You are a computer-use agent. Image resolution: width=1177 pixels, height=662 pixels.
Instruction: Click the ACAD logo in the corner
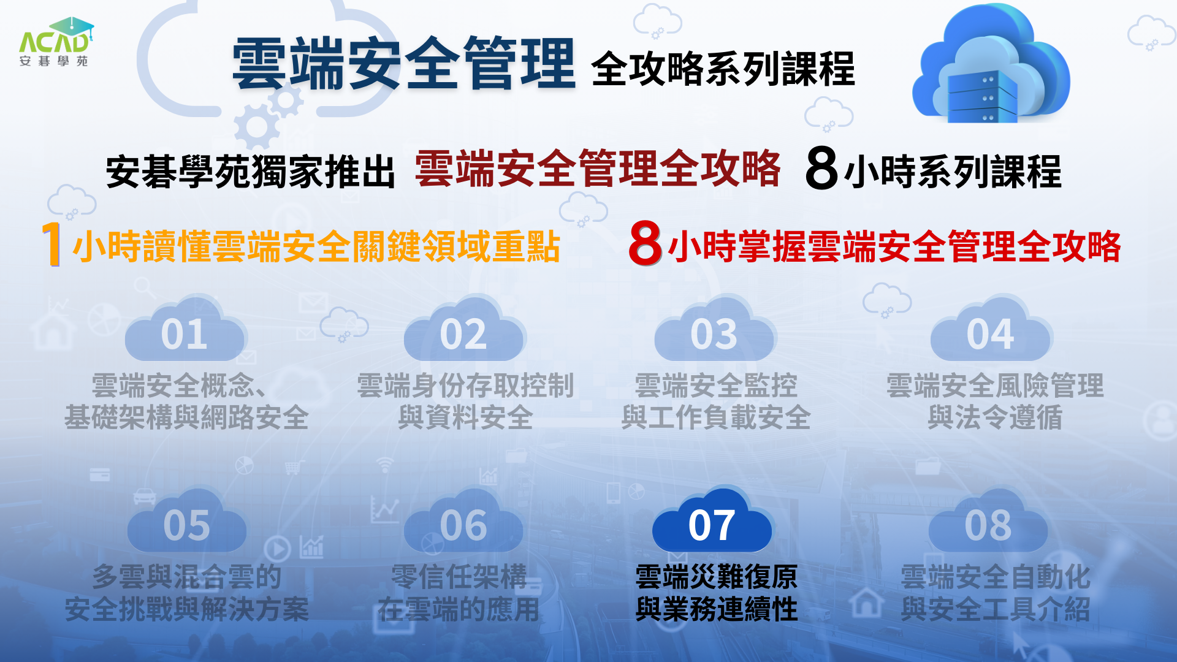pyautogui.click(x=56, y=42)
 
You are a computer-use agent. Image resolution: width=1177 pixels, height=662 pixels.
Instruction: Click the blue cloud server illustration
pyautogui.click(x=991, y=64)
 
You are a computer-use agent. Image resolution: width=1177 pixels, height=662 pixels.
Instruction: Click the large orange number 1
pyautogui.click(x=52, y=244)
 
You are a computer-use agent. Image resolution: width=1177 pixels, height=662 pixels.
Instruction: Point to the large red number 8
pyautogui.click(x=646, y=243)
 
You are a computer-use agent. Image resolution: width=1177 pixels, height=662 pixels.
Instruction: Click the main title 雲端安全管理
pyautogui.click(x=403, y=63)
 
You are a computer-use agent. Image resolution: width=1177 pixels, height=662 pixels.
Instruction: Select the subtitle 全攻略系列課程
pyautogui.click(x=723, y=69)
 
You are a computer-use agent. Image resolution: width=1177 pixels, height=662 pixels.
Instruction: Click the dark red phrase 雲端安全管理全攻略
pyautogui.click(x=598, y=168)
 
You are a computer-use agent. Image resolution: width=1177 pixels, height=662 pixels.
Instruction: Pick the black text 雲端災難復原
pyautogui.click(x=717, y=577)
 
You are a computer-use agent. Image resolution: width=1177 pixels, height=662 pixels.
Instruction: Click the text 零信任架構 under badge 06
pyautogui.click(x=459, y=577)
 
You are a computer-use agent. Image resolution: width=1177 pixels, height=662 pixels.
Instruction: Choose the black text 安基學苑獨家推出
pyautogui.click(x=251, y=172)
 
